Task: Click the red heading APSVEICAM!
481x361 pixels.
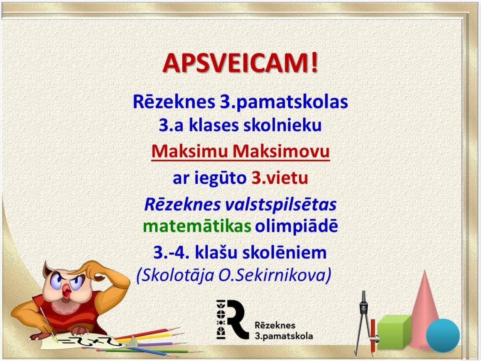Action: (240, 63)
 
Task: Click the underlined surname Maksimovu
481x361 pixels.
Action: (281, 151)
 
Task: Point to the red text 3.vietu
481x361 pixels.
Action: (280, 178)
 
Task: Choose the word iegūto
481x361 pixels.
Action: (221, 179)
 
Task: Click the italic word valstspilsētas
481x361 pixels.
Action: (281, 205)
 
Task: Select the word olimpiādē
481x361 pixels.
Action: (296, 227)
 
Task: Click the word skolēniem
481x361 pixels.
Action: (284, 253)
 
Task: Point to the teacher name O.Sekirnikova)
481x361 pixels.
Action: (274, 275)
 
